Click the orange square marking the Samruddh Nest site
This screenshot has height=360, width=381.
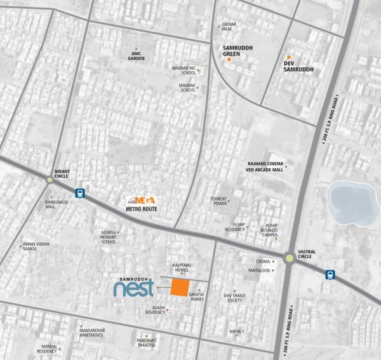(179, 288)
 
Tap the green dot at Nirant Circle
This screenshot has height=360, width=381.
(50, 180)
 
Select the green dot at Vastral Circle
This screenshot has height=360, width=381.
(290, 258)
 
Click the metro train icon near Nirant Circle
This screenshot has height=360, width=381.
(80, 192)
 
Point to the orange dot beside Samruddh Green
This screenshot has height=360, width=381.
(229, 60)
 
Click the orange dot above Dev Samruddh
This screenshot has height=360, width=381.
(289, 57)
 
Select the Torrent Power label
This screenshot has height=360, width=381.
(219, 201)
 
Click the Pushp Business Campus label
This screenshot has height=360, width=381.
(272, 230)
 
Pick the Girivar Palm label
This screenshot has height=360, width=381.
(229, 27)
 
